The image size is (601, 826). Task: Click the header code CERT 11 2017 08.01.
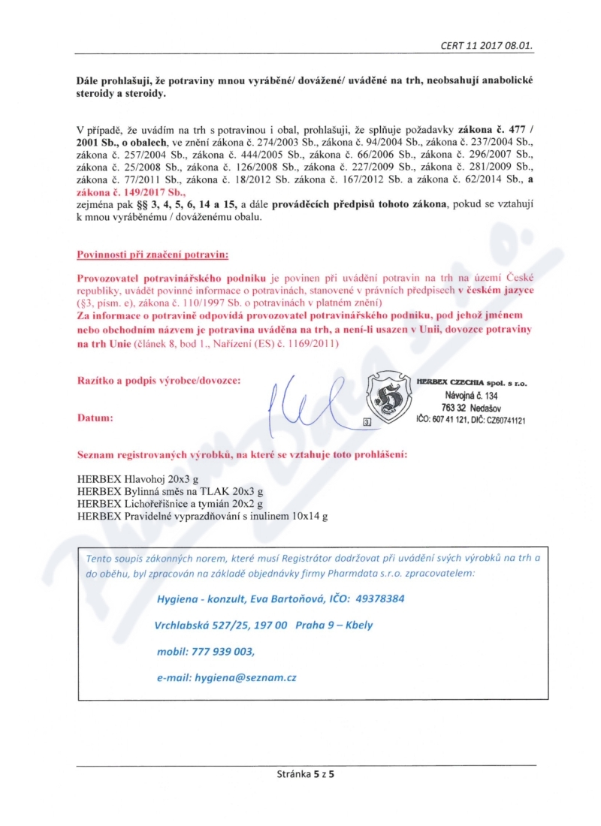coord(487,45)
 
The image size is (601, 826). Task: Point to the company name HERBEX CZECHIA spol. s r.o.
coord(472,382)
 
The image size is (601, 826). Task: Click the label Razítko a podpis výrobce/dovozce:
coord(159,381)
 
